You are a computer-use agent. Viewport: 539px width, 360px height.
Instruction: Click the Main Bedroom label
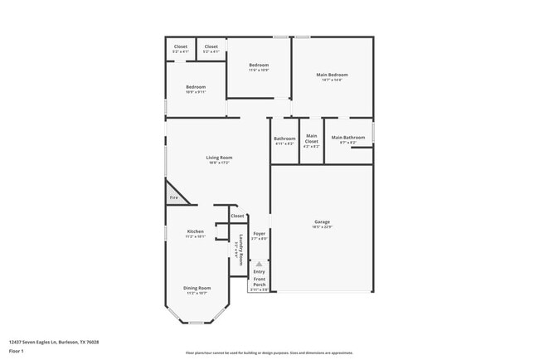coord(332,75)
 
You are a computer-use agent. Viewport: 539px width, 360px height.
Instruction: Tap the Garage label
coord(322,221)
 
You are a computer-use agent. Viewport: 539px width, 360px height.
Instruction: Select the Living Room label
coord(219,158)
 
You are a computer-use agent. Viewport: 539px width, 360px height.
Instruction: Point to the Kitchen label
coord(195,231)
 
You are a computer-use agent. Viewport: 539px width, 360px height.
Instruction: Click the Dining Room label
coord(196,288)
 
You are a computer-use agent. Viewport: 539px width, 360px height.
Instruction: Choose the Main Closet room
coord(311,139)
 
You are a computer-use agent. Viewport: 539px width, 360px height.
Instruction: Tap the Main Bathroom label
coord(347,138)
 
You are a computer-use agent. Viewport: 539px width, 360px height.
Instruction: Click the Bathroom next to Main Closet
coord(284,139)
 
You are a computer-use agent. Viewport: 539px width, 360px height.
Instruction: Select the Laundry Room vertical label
coord(240,248)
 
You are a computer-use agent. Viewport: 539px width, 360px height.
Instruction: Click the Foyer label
coord(259,234)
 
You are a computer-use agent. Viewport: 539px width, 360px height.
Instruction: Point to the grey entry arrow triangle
coord(259,263)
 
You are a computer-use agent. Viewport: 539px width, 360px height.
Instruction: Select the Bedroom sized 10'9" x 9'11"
coord(195,87)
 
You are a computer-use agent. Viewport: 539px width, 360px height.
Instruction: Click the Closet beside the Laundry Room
coord(237,216)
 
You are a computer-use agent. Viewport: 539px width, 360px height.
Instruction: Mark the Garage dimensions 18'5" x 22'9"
coord(322,227)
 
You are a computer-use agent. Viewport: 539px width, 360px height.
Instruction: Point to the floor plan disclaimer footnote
coord(269,353)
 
